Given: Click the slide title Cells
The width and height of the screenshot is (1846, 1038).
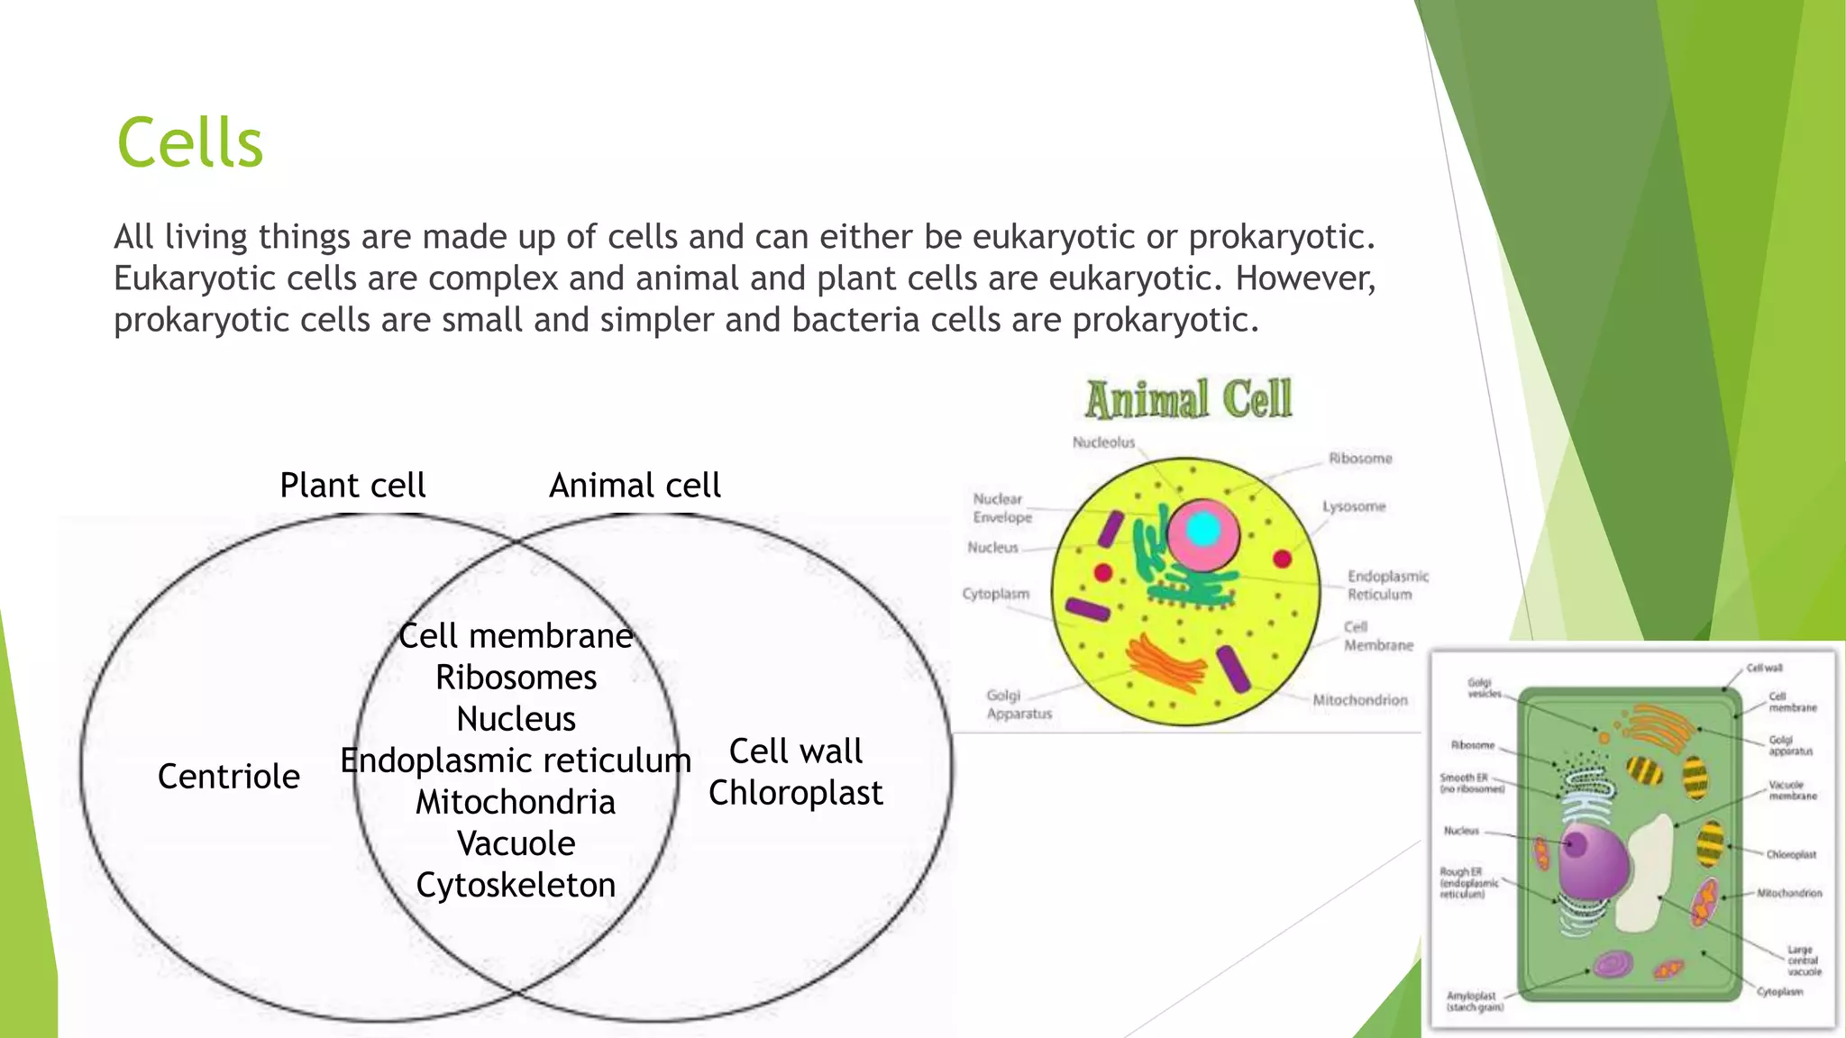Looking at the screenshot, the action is click(x=189, y=144).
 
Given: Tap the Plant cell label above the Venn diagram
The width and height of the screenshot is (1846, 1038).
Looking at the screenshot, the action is click(x=352, y=486).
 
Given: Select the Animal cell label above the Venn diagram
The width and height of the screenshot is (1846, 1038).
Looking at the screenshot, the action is click(x=635, y=486).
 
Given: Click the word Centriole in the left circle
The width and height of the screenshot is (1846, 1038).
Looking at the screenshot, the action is click(x=228, y=777).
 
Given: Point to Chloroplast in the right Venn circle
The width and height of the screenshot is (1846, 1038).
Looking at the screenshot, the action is click(x=795, y=793).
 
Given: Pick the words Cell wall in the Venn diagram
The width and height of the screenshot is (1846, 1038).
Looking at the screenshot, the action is click(x=795, y=751).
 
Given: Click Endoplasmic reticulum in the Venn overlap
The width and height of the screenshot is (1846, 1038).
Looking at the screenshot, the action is click(x=516, y=760).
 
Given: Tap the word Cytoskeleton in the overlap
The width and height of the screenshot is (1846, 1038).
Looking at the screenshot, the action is click(x=516, y=885).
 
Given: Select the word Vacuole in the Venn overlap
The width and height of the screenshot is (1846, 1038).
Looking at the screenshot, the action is click(x=516, y=843).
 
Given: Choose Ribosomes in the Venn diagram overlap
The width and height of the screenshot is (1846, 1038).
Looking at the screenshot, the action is click(x=516, y=678).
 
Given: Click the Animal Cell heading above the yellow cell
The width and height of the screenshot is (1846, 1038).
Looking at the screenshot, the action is click(x=1188, y=400).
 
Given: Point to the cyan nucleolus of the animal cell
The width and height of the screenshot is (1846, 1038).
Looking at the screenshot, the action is click(x=1202, y=531).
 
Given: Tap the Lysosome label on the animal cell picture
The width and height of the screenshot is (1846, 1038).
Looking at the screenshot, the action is click(x=1353, y=506).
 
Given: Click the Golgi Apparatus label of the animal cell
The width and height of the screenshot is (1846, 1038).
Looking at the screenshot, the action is click(x=1019, y=705).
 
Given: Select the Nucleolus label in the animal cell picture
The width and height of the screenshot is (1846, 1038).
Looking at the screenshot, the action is click(x=1103, y=442).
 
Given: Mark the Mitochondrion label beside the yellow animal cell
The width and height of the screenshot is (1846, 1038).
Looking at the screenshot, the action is click(x=1359, y=700).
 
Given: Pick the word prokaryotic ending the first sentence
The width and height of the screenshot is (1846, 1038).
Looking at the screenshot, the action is click(x=1280, y=237).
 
